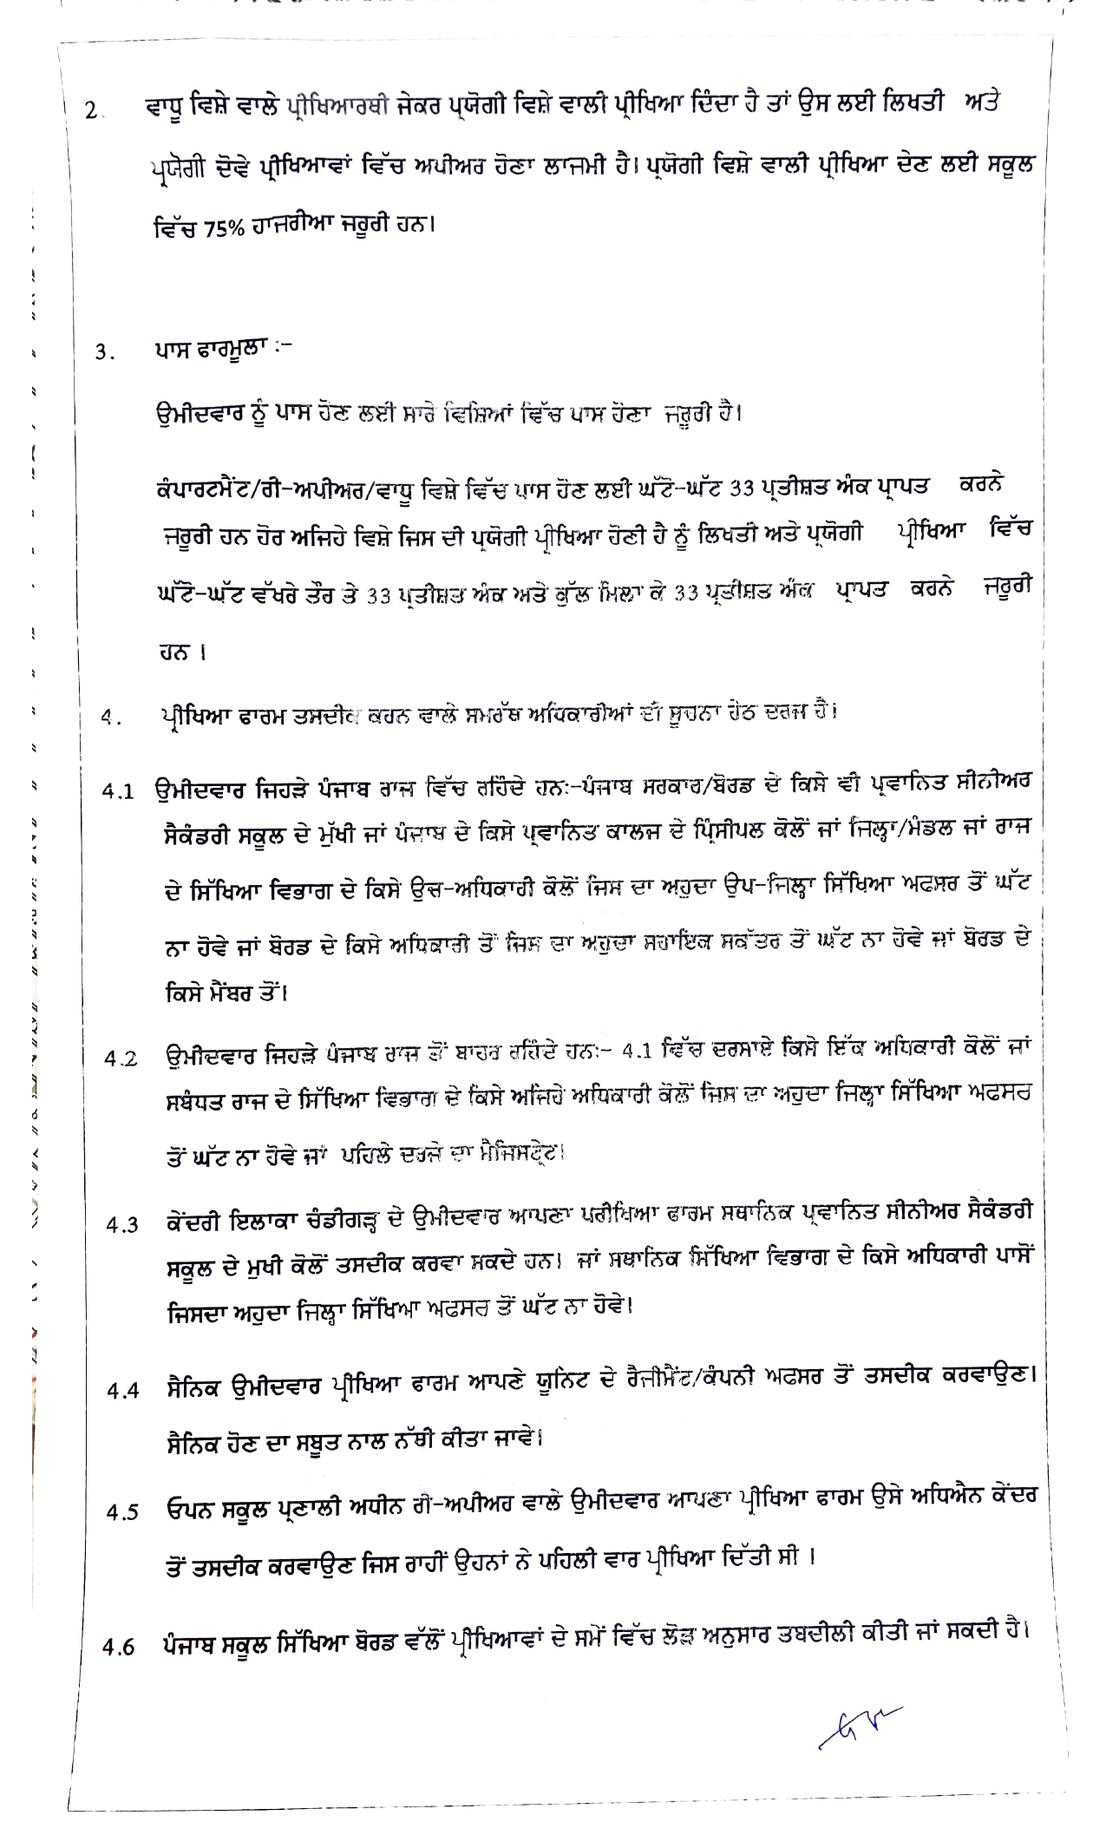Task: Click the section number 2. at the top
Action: pos(95,112)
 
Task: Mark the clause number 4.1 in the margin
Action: pos(118,791)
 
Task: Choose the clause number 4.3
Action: pos(122,1226)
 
